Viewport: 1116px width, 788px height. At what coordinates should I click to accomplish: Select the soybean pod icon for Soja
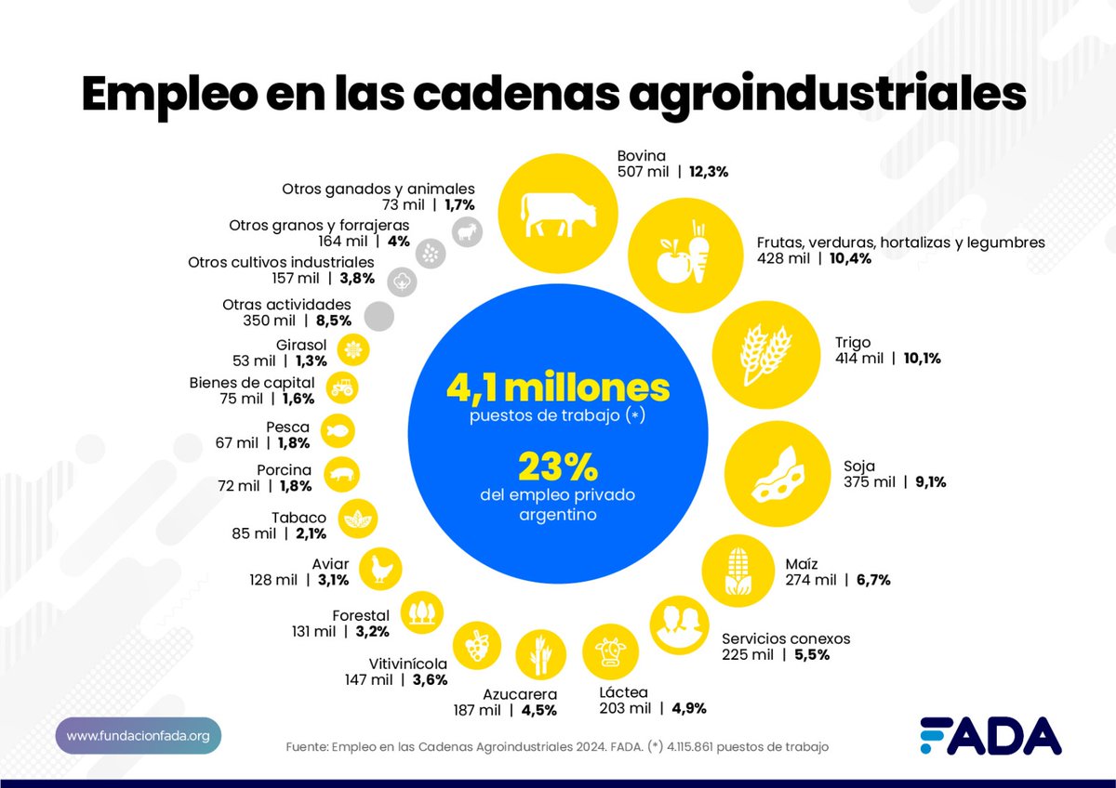click(x=776, y=474)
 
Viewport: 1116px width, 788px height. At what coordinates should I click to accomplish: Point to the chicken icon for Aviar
click(x=382, y=568)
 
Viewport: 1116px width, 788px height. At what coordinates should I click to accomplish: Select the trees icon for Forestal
click(x=421, y=612)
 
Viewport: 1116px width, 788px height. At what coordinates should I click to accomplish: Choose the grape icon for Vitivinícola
click(x=477, y=644)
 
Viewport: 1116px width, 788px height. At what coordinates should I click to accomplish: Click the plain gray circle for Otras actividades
click(x=379, y=316)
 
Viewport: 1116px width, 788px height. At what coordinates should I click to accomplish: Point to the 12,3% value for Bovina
click(x=708, y=172)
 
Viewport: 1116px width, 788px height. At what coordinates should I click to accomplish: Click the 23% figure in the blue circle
click(x=557, y=464)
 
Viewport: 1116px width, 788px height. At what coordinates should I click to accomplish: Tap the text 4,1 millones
click(x=557, y=387)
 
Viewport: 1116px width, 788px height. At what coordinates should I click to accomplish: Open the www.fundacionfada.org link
click(x=138, y=736)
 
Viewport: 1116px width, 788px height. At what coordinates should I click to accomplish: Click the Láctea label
click(x=624, y=692)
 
